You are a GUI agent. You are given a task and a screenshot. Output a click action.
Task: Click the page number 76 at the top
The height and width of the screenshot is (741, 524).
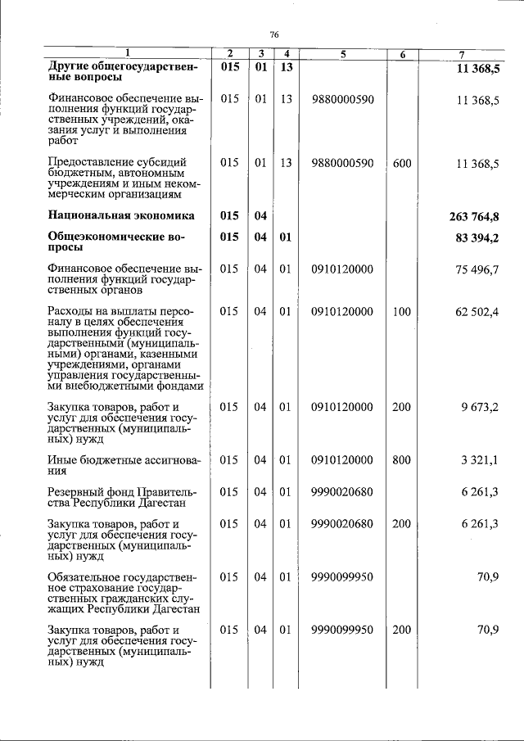tap(274, 34)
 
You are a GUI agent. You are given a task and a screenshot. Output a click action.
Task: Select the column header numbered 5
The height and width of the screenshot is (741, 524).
tap(343, 55)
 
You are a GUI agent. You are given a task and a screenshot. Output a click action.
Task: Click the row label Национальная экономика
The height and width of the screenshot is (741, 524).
tap(121, 216)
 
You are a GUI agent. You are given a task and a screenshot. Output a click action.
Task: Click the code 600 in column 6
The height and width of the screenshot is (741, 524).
tap(401, 163)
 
